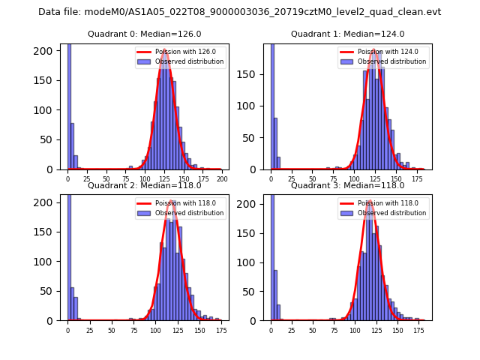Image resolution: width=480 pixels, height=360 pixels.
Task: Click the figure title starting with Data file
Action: coord(239,12)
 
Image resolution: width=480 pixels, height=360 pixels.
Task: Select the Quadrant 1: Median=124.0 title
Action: coord(348,34)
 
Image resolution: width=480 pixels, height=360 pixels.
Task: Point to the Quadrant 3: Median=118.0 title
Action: coord(348,185)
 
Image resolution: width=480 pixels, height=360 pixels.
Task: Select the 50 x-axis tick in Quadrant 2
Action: coord(112,330)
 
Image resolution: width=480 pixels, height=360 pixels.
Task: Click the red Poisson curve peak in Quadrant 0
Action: coord(164,49)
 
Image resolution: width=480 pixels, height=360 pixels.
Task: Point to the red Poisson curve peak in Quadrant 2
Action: coord(172,200)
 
